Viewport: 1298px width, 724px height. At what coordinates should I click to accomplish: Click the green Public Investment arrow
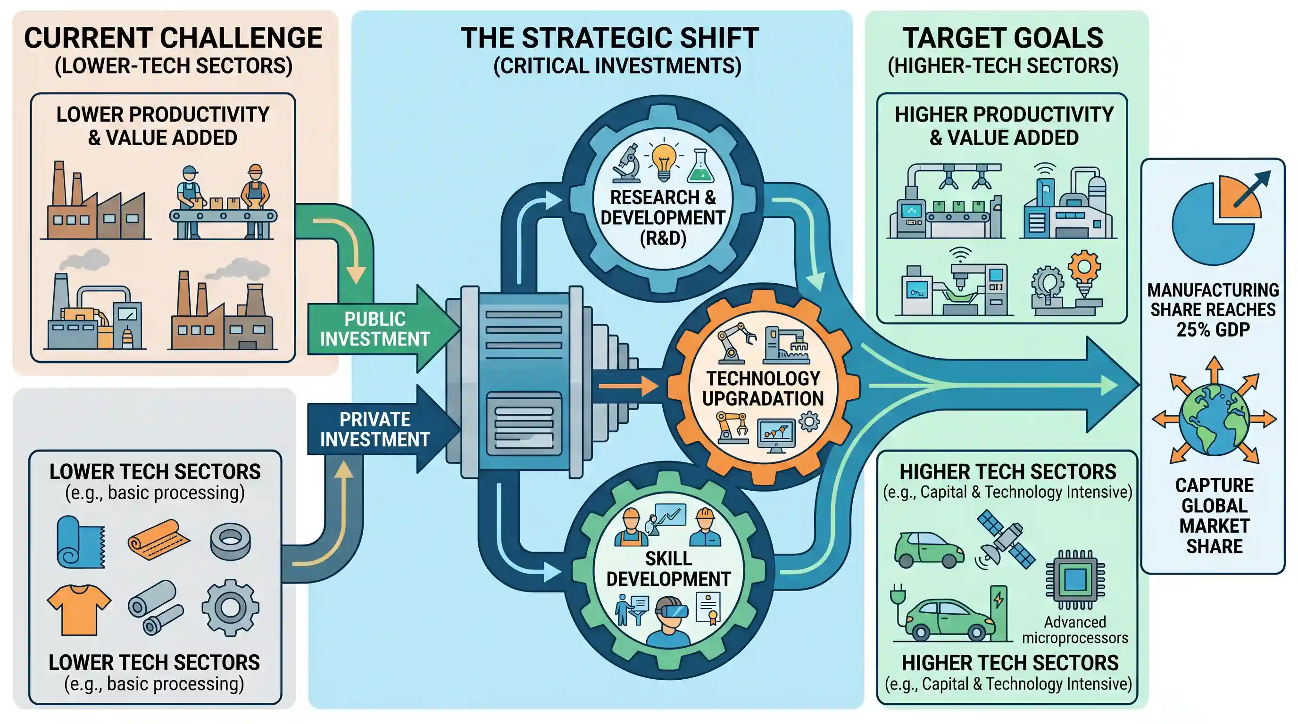point(383,329)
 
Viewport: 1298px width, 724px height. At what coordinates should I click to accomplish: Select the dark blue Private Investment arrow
point(383,429)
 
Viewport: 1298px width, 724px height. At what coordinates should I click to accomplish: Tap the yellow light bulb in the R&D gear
point(664,162)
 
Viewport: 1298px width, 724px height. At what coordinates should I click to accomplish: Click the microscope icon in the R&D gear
point(627,163)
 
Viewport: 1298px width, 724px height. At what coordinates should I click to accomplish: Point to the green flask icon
point(701,165)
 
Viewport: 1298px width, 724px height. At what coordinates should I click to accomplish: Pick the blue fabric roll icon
point(81,542)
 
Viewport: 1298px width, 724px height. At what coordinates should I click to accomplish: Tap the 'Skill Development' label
point(668,569)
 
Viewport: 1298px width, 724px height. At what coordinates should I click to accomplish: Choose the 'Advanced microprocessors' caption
point(1075,630)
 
